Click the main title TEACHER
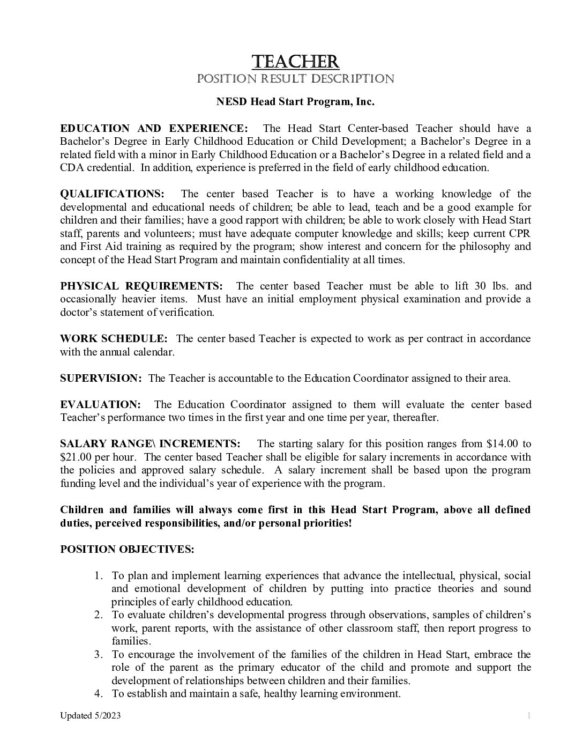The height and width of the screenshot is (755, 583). click(x=295, y=61)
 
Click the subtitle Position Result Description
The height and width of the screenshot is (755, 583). click(x=295, y=79)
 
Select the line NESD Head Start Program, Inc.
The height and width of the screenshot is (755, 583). click(x=295, y=102)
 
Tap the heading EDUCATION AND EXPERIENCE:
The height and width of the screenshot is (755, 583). click(x=154, y=128)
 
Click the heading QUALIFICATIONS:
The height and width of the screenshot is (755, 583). click(x=113, y=194)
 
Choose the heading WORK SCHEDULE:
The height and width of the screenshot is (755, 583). click(x=114, y=338)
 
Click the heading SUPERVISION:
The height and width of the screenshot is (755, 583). click(x=101, y=378)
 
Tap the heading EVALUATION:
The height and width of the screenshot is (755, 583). click(x=100, y=404)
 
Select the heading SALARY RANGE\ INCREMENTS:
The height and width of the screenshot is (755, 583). click(x=150, y=443)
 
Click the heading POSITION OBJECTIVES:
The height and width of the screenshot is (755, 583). click(x=127, y=549)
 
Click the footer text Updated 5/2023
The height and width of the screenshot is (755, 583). click(x=90, y=716)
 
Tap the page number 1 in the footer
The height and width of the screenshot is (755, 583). click(x=528, y=716)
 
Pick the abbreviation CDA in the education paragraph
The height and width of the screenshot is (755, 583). click(x=70, y=167)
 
